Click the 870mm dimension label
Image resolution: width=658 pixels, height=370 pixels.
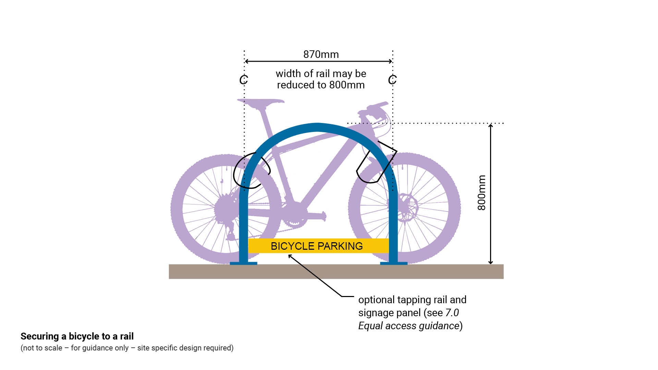pyautogui.click(x=321, y=54)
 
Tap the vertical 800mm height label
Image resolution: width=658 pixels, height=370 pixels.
pyautogui.click(x=482, y=193)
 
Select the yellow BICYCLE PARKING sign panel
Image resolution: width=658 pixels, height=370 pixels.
pyautogui.click(x=317, y=246)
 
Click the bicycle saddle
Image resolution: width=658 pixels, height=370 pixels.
pyautogui.click(x=261, y=102)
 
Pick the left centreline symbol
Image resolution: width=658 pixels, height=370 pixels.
pyautogui.click(x=244, y=80)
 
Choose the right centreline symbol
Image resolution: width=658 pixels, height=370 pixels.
pyautogui.click(x=392, y=80)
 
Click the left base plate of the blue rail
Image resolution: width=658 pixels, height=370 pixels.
pyautogui.click(x=243, y=263)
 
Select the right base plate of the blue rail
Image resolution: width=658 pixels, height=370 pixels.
pyautogui.click(x=394, y=263)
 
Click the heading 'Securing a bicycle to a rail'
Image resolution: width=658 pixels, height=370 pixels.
pyautogui.click(x=77, y=336)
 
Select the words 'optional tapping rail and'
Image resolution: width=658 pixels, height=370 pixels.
pyautogui.click(x=412, y=300)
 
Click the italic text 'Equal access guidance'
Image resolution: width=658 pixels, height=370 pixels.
pyautogui.click(x=409, y=326)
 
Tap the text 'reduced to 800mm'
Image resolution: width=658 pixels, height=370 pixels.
pyautogui.click(x=321, y=85)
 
